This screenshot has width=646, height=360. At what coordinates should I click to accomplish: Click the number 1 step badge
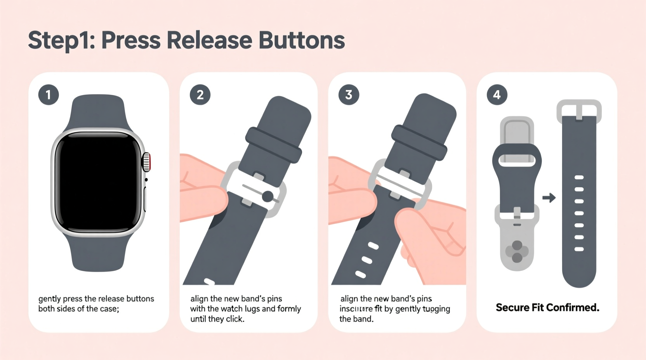49,95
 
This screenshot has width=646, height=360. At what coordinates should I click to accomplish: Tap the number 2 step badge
200,95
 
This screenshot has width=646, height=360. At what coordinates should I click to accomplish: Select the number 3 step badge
349,95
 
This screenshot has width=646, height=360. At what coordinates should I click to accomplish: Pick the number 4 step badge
497,95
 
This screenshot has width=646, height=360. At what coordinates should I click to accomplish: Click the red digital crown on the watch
147,162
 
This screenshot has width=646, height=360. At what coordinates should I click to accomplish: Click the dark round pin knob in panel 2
267,196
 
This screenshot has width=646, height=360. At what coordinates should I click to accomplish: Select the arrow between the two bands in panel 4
549,198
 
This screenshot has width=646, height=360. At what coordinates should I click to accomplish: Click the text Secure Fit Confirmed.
547,308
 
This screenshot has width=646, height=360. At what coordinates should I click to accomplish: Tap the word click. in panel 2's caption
234,319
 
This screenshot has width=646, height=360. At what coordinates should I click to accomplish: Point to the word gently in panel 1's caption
49,299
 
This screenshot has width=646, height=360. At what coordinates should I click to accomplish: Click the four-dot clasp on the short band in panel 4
517,251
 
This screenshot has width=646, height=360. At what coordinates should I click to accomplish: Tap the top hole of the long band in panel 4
579,178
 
